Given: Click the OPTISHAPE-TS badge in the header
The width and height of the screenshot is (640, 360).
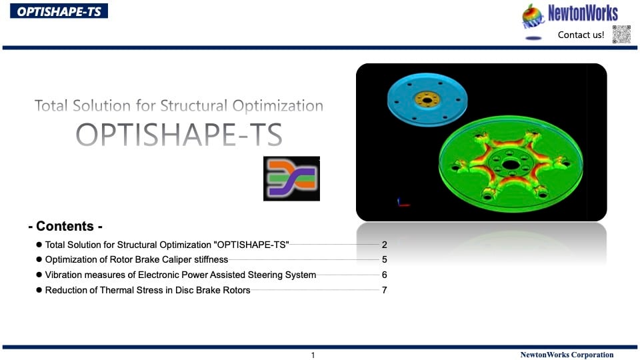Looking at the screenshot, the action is (59, 11).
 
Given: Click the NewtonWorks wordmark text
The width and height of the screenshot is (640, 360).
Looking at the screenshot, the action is (583, 13).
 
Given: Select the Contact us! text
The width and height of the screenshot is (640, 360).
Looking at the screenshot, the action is (581, 35).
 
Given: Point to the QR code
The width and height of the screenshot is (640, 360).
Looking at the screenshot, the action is (621, 34).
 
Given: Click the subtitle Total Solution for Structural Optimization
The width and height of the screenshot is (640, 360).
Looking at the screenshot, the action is (179, 106).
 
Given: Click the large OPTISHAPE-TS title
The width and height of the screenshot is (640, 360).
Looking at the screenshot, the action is (179, 135).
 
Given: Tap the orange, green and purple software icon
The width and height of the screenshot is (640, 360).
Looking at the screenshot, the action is (291, 179).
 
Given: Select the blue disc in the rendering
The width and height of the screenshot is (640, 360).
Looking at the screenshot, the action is (427, 100).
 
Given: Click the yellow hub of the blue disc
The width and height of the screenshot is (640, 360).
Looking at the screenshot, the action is (427, 99).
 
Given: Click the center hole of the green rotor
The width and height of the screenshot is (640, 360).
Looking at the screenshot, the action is (511, 165).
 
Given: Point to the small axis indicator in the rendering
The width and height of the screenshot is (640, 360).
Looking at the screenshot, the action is (403, 202).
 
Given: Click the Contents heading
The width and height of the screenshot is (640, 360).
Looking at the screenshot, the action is (65, 226).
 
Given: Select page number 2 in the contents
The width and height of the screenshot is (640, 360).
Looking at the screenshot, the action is (385, 245).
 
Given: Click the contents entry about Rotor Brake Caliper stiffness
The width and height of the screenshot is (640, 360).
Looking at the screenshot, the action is (136, 259).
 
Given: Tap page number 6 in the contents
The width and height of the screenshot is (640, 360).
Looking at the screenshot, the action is (385, 275).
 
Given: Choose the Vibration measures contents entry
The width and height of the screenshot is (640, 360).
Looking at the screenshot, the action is (181, 275).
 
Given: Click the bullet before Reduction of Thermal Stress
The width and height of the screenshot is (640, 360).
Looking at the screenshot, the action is (39, 290).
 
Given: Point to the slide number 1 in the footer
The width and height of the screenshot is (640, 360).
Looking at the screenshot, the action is (313, 355).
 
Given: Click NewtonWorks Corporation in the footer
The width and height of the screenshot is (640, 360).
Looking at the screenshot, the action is (567, 355).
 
